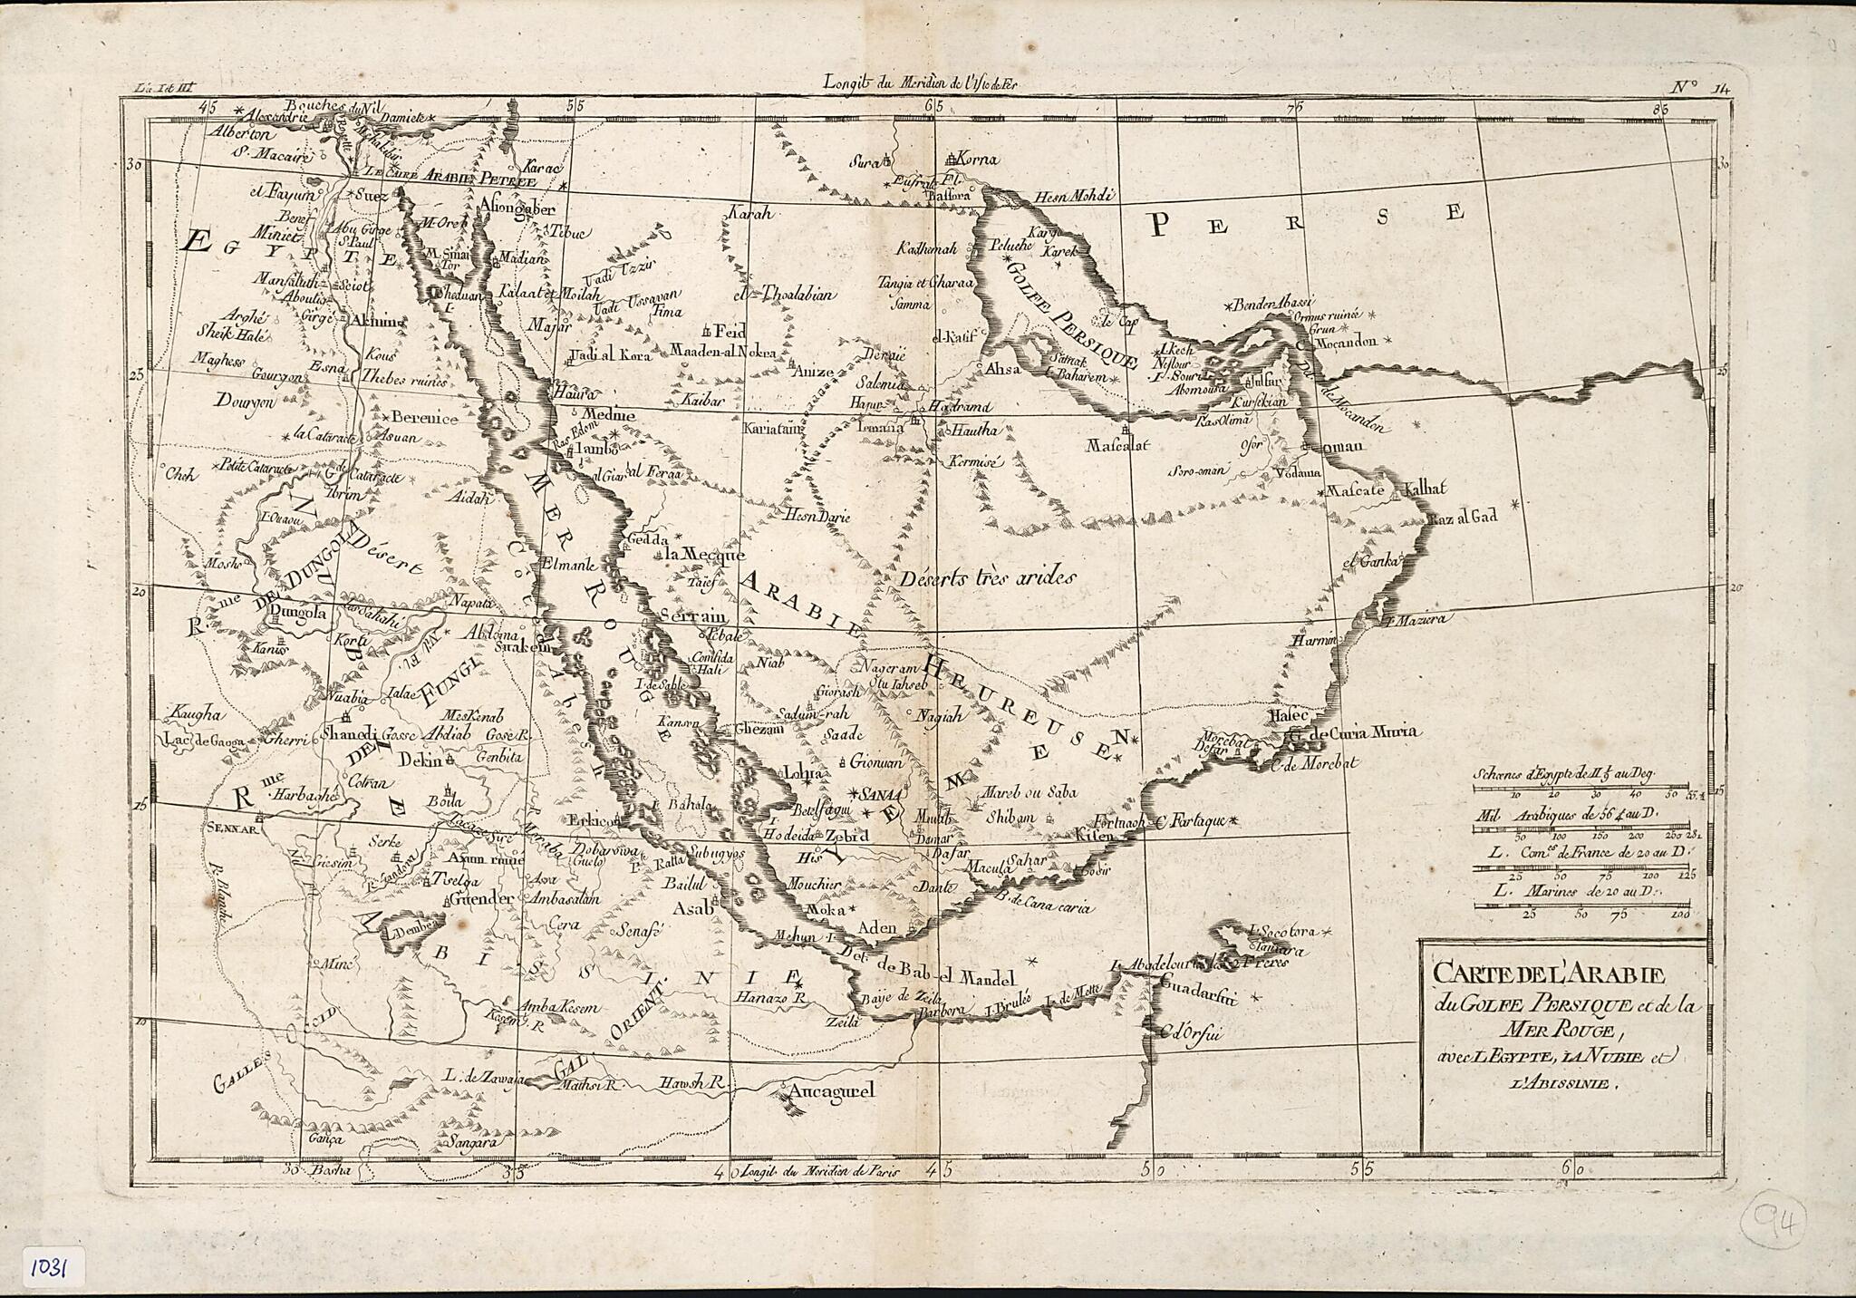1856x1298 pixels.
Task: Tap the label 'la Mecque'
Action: [703, 555]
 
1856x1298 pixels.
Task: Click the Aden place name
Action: [876, 927]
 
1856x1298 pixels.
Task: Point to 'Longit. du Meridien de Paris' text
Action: [821, 1171]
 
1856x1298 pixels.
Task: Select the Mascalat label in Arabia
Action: [1117, 445]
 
